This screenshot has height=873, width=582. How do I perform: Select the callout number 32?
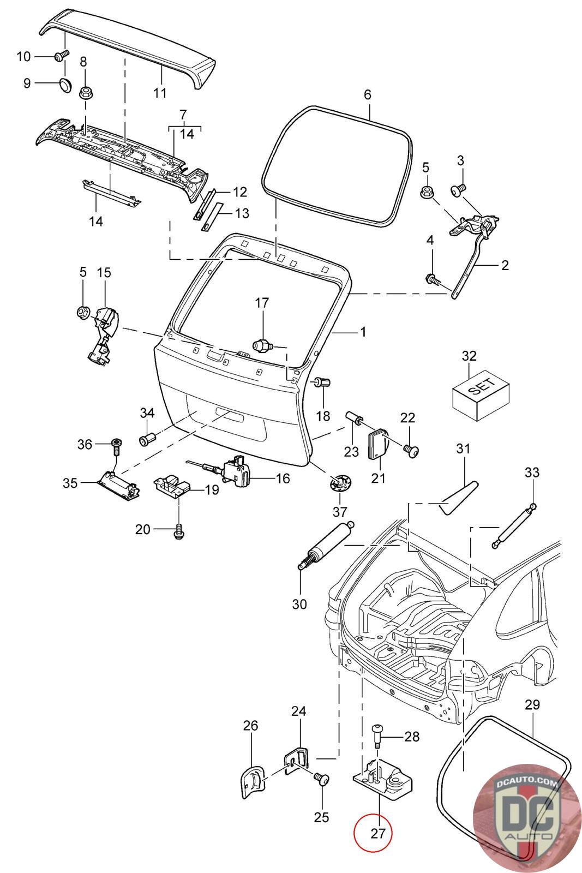tap(469, 356)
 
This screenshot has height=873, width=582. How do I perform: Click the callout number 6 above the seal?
tap(367, 94)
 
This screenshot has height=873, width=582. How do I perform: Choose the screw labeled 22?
tap(411, 450)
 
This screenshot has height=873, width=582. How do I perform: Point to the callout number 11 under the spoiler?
tap(159, 92)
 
